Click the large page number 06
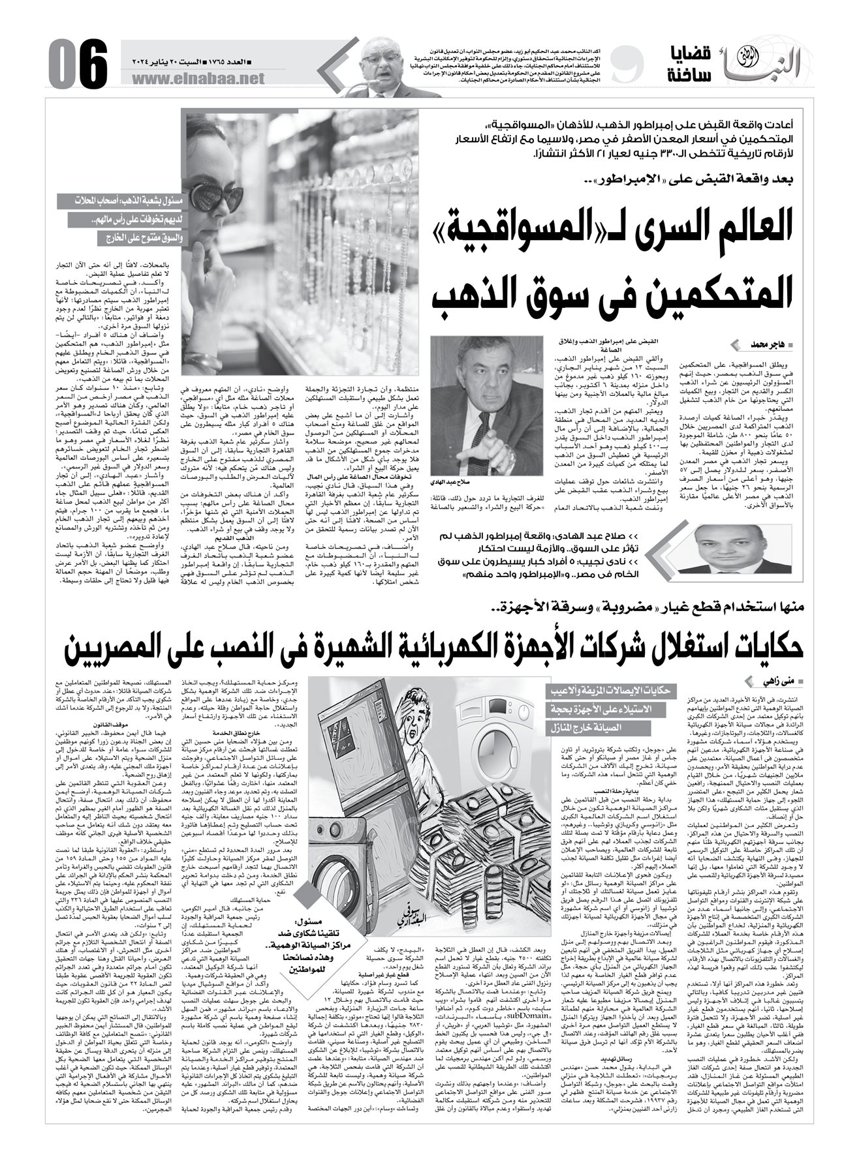[x=76, y=62]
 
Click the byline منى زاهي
[x=782, y=682]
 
